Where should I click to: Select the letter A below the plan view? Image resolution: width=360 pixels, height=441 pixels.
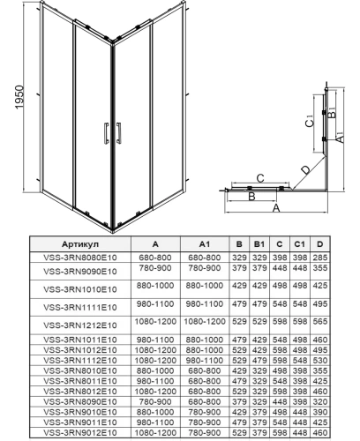tap(275, 211)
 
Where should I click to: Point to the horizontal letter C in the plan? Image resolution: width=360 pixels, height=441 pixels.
tap(259, 178)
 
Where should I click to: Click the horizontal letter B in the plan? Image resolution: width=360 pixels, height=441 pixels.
tap(251, 198)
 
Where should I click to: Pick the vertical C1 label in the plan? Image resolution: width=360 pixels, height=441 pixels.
tap(309, 123)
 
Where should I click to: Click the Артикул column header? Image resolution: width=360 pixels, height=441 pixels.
tap(80, 244)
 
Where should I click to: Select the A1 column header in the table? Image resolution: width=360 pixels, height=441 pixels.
tap(204, 244)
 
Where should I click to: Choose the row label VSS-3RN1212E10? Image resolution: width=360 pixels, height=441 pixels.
tap(79, 324)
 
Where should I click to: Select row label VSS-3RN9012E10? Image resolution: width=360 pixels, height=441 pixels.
tap(79, 433)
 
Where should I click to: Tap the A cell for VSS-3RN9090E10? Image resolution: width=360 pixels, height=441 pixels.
tap(154, 270)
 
